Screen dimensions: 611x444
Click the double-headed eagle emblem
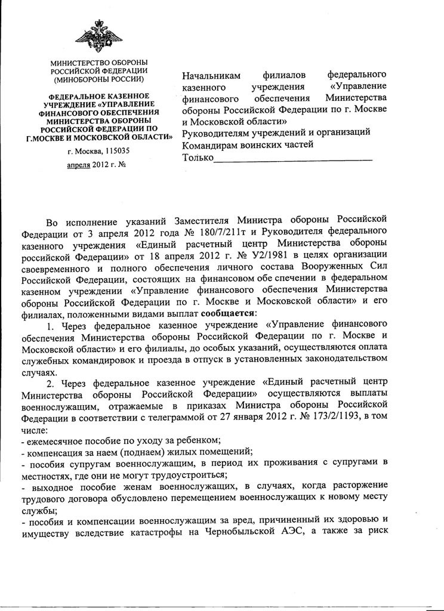tap(98, 36)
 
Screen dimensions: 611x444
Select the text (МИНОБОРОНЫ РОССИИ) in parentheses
tap(98, 79)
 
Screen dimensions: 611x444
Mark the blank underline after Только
tap(292, 159)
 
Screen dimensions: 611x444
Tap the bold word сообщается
tap(229, 313)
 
